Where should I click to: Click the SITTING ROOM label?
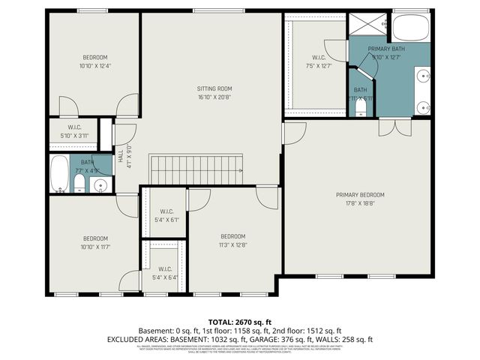point(214,88)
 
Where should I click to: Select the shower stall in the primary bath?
point(369,25)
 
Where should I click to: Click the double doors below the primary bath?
point(388,127)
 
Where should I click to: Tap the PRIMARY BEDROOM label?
point(361,194)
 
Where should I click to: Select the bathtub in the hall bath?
point(59,173)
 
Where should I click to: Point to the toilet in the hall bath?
point(79,184)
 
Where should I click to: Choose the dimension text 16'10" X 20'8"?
point(214,97)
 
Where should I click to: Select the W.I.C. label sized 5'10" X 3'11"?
point(74,127)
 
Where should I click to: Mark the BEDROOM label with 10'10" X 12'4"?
point(94,58)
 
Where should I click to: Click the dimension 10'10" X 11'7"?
point(94,246)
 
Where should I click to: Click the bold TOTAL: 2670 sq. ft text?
point(239,320)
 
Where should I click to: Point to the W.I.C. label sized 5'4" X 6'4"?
point(164,269)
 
